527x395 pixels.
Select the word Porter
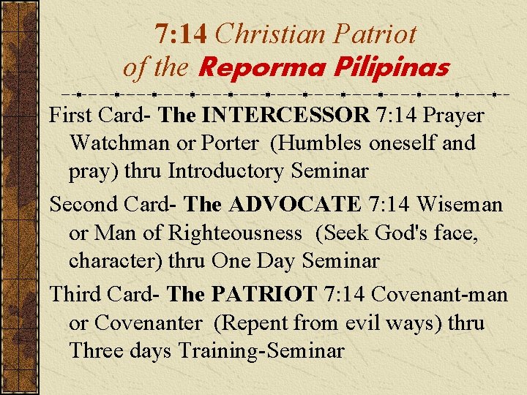tap(231, 143)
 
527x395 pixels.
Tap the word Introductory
tap(225, 171)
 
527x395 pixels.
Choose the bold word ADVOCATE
tap(295, 204)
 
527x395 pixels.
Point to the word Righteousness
tap(235, 233)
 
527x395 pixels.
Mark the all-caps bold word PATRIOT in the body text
tap(263, 294)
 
